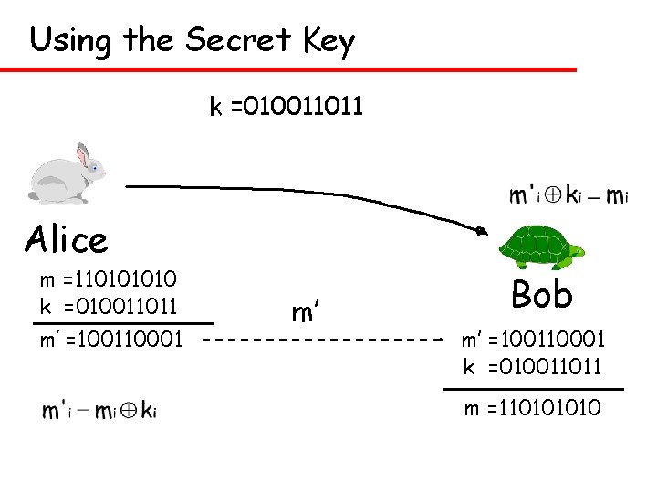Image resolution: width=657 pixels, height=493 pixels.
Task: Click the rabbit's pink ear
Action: (84, 156)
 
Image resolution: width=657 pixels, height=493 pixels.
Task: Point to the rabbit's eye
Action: (94, 168)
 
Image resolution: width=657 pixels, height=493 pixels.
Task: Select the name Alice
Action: (67, 240)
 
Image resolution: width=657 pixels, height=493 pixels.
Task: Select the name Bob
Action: (542, 294)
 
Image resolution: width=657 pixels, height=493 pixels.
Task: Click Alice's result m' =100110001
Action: (110, 341)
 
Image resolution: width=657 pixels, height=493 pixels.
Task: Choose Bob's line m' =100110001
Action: (533, 341)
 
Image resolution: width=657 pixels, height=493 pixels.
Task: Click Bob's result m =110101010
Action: (533, 408)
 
